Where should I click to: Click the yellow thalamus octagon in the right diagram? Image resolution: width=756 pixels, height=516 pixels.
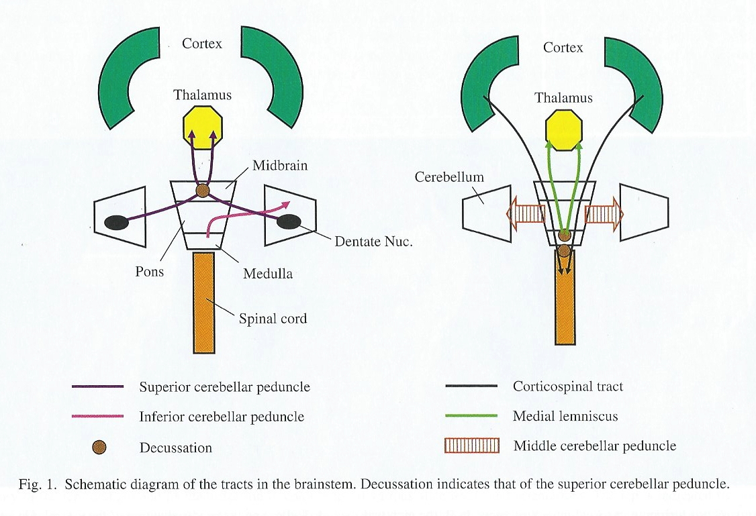[x=563, y=125]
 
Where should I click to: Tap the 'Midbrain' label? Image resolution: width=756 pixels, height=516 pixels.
[x=280, y=165]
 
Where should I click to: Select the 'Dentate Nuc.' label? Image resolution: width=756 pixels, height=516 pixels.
[x=373, y=242]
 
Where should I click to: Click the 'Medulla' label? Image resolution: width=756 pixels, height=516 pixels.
[x=268, y=273]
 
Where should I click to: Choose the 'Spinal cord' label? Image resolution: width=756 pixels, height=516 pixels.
[x=273, y=318]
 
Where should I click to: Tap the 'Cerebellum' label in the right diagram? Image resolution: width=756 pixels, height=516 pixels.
[x=449, y=177]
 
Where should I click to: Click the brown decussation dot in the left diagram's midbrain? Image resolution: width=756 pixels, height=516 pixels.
[x=203, y=191]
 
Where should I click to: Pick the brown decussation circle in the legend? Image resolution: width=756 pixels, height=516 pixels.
[x=98, y=448]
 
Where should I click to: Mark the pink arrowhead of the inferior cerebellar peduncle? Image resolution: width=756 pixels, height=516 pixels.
[x=287, y=202]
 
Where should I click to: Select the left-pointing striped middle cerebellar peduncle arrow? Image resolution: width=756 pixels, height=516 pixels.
[x=526, y=215]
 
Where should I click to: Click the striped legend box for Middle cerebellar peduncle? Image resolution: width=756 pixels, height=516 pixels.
[x=472, y=446]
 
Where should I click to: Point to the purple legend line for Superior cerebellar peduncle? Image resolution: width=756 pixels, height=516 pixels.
[x=98, y=387]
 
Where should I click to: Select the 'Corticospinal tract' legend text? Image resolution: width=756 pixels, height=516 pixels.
[x=568, y=386]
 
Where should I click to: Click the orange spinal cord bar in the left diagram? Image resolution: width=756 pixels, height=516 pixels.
[x=204, y=302]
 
